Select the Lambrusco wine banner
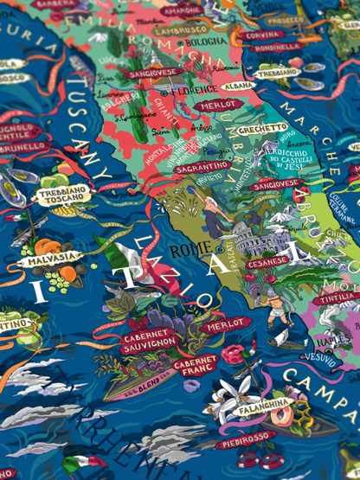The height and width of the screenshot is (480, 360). click(x=181, y=29)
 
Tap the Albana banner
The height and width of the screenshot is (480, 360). click(x=239, y=86)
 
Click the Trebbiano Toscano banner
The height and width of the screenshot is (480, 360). click(x=61, y=195)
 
